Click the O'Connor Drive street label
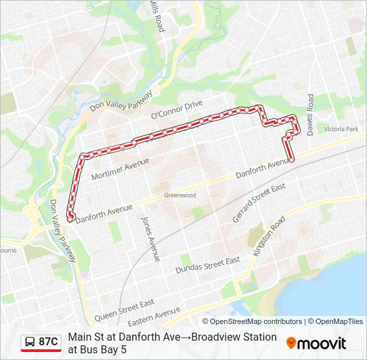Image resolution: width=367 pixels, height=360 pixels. pos(176,110)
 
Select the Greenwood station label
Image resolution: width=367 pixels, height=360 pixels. pos(180,195)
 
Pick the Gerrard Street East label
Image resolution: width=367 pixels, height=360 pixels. pos(259,203)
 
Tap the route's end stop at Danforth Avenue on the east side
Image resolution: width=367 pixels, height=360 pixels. pos(292,159)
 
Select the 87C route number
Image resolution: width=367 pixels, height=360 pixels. pos(48,342)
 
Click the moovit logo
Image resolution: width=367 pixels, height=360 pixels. pos(316,343)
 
